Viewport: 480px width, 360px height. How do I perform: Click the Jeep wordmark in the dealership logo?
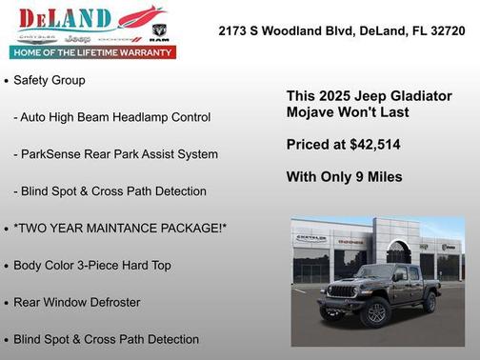(83, 37)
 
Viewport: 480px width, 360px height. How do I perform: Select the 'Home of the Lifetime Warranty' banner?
(91, 52)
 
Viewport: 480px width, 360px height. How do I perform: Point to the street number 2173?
(234, 31)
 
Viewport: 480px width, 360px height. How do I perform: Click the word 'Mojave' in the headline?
(313, 112)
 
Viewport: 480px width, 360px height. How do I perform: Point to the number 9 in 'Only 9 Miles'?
(356, 177)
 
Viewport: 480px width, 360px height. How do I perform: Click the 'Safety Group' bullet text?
(50, 80)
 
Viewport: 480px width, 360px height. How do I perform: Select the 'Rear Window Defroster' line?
(77, 302)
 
